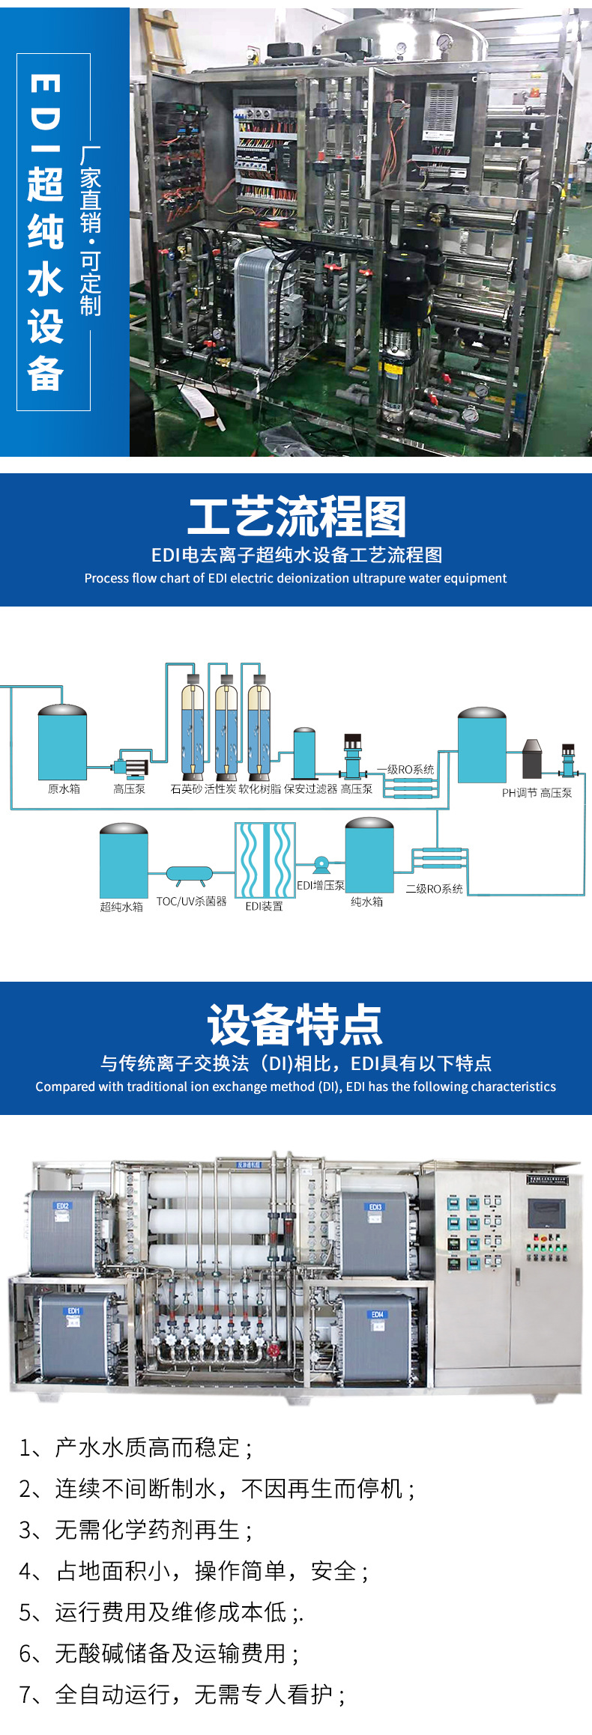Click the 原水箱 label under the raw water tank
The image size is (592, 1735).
coord(64,789)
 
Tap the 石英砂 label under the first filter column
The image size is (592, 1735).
coord(187,789)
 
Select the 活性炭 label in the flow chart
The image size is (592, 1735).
coord(220,789)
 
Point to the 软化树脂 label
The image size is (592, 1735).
coord(260,789)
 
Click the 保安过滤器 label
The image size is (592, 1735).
coord(311,789)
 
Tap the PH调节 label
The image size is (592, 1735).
coord(519,793)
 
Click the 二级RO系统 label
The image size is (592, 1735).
coord(434,889)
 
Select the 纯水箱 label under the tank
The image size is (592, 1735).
coord(367,902)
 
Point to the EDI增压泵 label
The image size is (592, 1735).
coord(321,885)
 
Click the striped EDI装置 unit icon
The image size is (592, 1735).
coord(265,860)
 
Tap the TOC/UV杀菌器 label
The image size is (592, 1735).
coord(191,902)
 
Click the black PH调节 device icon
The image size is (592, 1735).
coord(531,759)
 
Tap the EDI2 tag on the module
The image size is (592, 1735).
coord(62,1206)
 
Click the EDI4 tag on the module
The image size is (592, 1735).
coord(377,1314)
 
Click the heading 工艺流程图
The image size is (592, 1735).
coord(296,517)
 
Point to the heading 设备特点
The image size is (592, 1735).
coord(295,1025)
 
